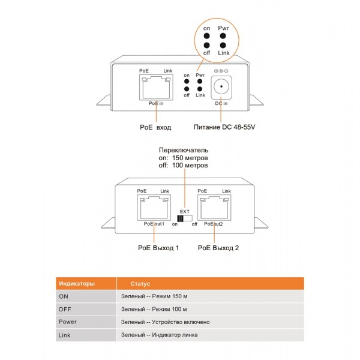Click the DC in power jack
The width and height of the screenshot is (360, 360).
coord(222,88)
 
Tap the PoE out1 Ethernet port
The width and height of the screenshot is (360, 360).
coord(154,208)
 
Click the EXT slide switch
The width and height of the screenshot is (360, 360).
coord(185,220)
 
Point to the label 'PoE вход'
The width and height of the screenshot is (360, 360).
coord(155,128)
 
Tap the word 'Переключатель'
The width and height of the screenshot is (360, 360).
coord(183,149)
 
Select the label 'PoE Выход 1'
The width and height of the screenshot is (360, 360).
coord(158,248)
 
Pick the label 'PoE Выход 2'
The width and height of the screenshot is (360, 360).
coord(218,248)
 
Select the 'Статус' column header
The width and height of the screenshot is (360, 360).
coord(140,284)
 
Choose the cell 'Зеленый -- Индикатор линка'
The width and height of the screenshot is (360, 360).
coord(159,335)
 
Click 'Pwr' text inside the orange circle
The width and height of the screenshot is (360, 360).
coord(224,28)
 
